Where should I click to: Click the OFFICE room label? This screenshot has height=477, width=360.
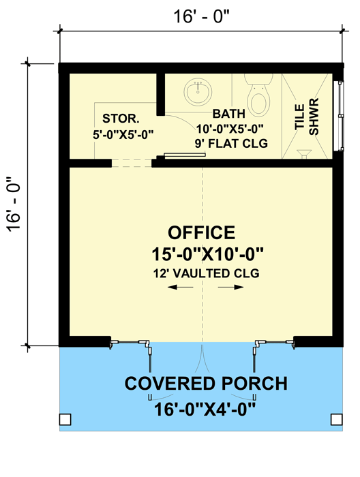click(202, 232)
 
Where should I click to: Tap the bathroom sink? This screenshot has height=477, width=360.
click(199, 91)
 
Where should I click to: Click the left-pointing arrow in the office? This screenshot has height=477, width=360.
click(179, 288)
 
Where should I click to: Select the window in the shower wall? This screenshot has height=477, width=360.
click(338, 113)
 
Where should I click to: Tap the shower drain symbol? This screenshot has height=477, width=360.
click(305, 153)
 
